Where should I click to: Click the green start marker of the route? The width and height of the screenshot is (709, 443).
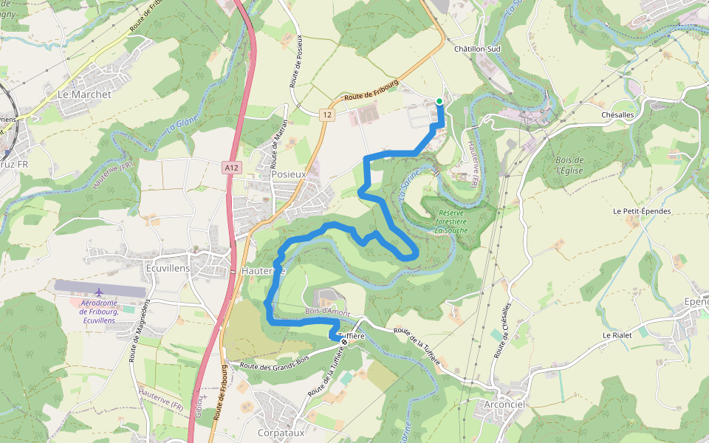439,101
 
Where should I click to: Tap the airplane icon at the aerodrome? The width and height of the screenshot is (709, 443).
100,291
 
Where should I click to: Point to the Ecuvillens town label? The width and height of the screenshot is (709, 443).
168,268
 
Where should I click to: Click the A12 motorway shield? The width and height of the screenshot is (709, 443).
232,168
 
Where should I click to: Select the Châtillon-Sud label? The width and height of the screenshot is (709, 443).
477,49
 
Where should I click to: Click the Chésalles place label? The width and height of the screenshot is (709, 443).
617,115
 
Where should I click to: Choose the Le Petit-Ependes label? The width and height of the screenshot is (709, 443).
642,211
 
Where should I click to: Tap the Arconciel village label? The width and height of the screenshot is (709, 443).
504,404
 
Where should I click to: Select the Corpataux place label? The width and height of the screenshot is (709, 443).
281,433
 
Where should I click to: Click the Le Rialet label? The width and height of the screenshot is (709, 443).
617,335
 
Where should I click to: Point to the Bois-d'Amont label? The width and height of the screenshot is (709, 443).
327,312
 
